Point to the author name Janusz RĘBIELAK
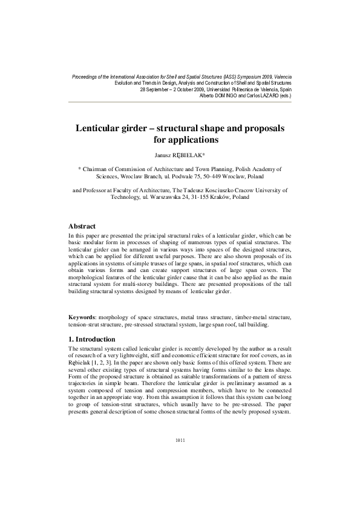(x=180, y=155)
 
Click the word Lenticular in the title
(x=100, y=129)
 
